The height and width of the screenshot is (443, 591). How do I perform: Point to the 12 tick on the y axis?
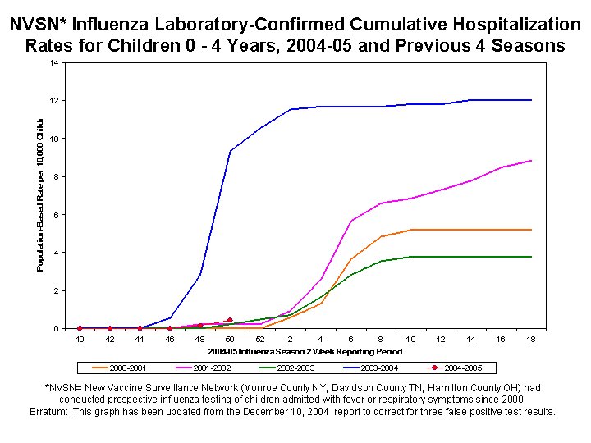(x=53, y=100)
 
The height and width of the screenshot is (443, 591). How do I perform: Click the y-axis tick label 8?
(x=55, y=176)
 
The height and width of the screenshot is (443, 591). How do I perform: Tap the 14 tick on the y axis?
(x=53, y=62)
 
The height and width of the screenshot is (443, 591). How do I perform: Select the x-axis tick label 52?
(x=259, y=338)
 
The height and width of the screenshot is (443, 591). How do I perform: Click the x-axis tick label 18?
(x=531, y=338)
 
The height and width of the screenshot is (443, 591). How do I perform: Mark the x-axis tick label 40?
(x=80, y=338)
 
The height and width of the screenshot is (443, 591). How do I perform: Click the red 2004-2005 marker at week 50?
(x=230, y=320)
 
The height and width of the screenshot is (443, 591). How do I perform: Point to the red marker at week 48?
(x=199, y=325)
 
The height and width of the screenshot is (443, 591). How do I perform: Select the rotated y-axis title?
(x=40, y=195)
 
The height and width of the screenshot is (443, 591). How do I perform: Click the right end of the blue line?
(x=531, y=100)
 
